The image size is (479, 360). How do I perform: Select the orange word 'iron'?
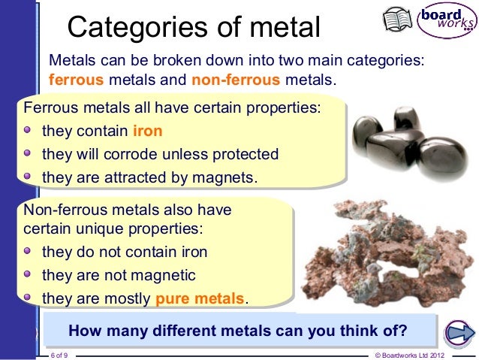click(x=147, y=132)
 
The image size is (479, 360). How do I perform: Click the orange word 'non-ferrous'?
click(x=232, y=79)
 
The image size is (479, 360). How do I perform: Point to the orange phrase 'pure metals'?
click(x=200, y=298)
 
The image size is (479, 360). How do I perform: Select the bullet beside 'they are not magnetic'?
click(x=28, y=274)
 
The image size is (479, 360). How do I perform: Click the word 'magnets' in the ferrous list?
click(x=227, y=177)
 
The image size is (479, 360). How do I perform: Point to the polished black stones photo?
click(x=399, y=143)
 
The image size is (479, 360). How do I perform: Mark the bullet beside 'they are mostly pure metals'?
click(x=28, y=298)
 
